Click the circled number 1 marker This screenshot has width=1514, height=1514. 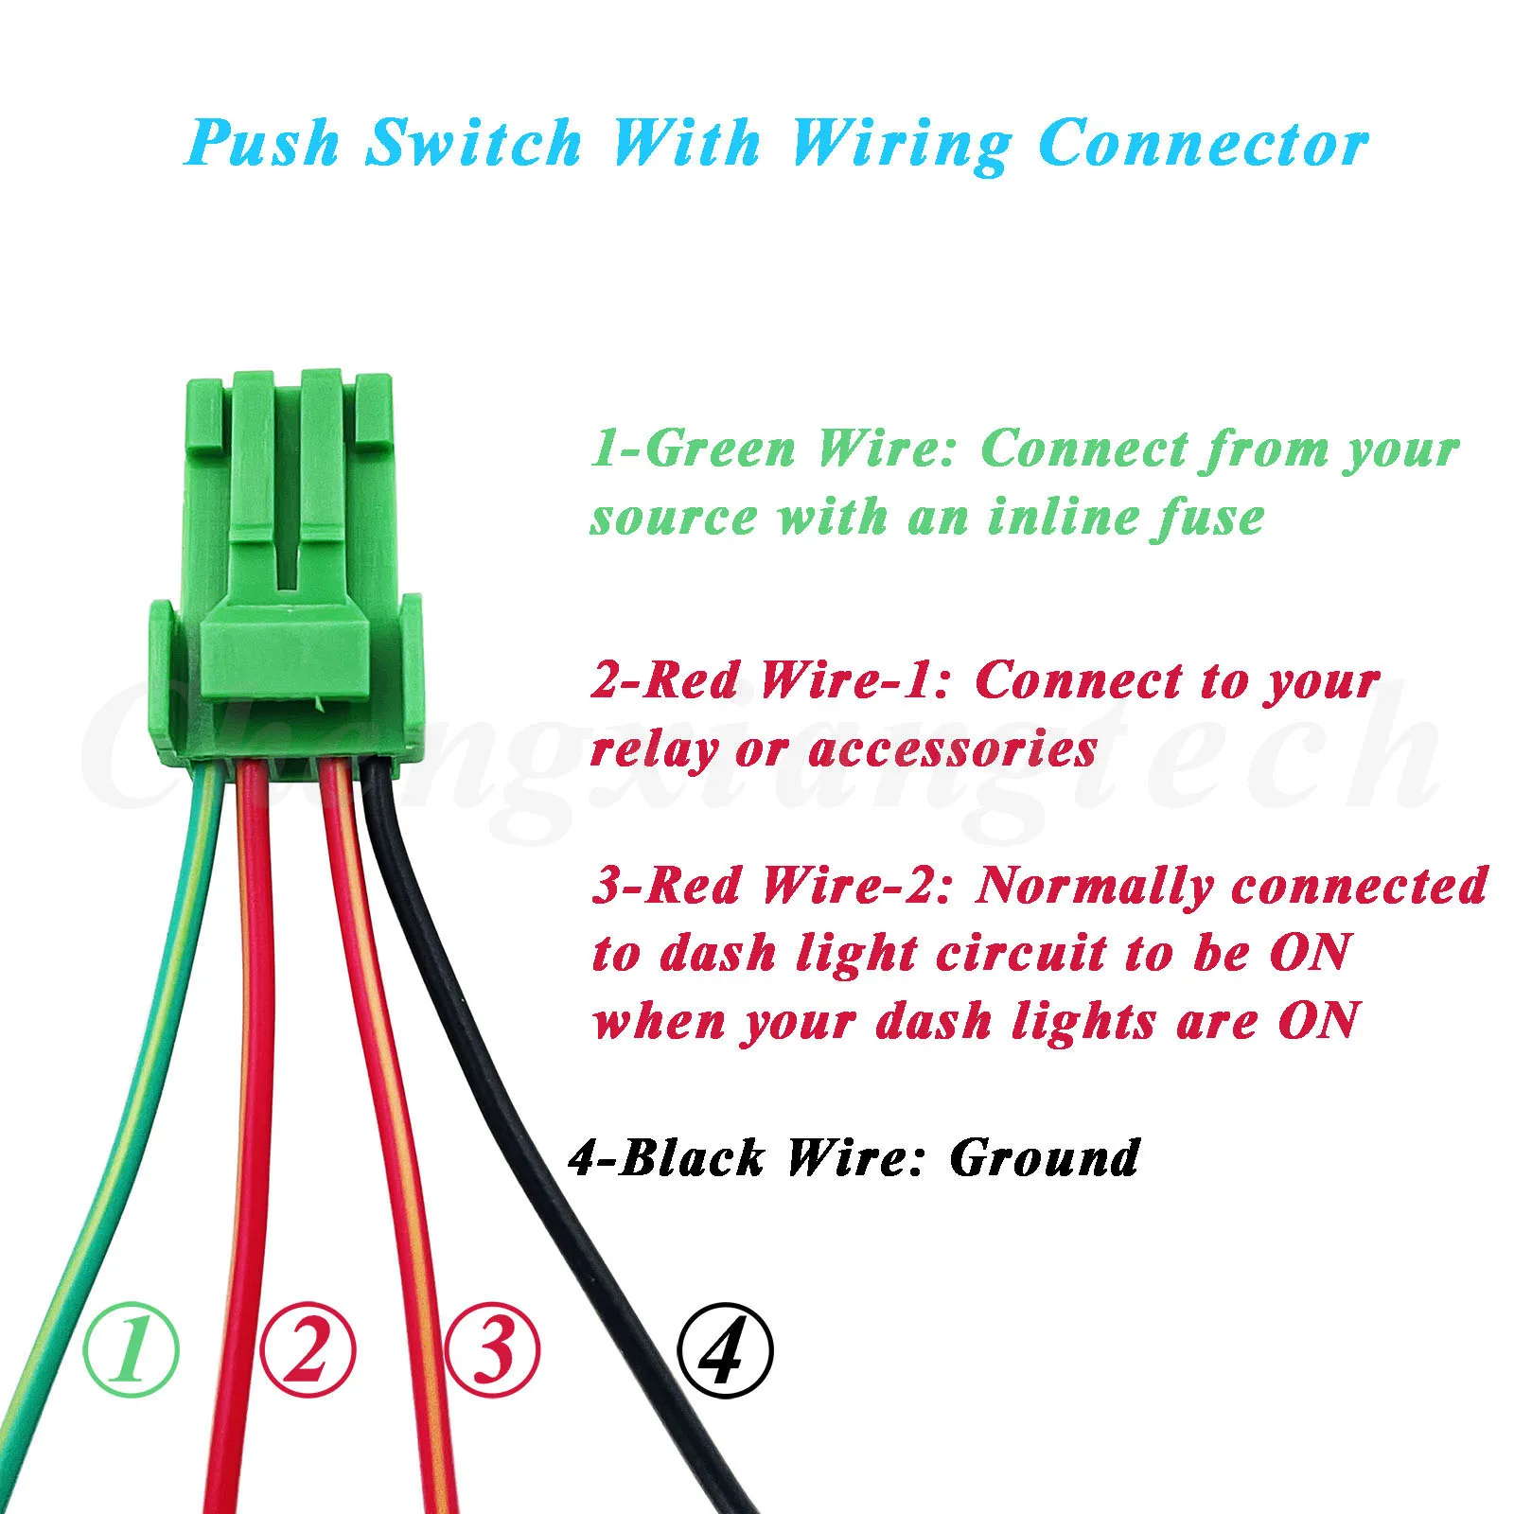point(132,1348)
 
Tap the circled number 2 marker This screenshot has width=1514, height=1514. point(308,1348)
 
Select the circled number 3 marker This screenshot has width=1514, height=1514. point(492,1348)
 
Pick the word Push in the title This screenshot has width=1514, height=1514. point(263,144)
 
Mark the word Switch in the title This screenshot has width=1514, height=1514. point(473,144)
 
